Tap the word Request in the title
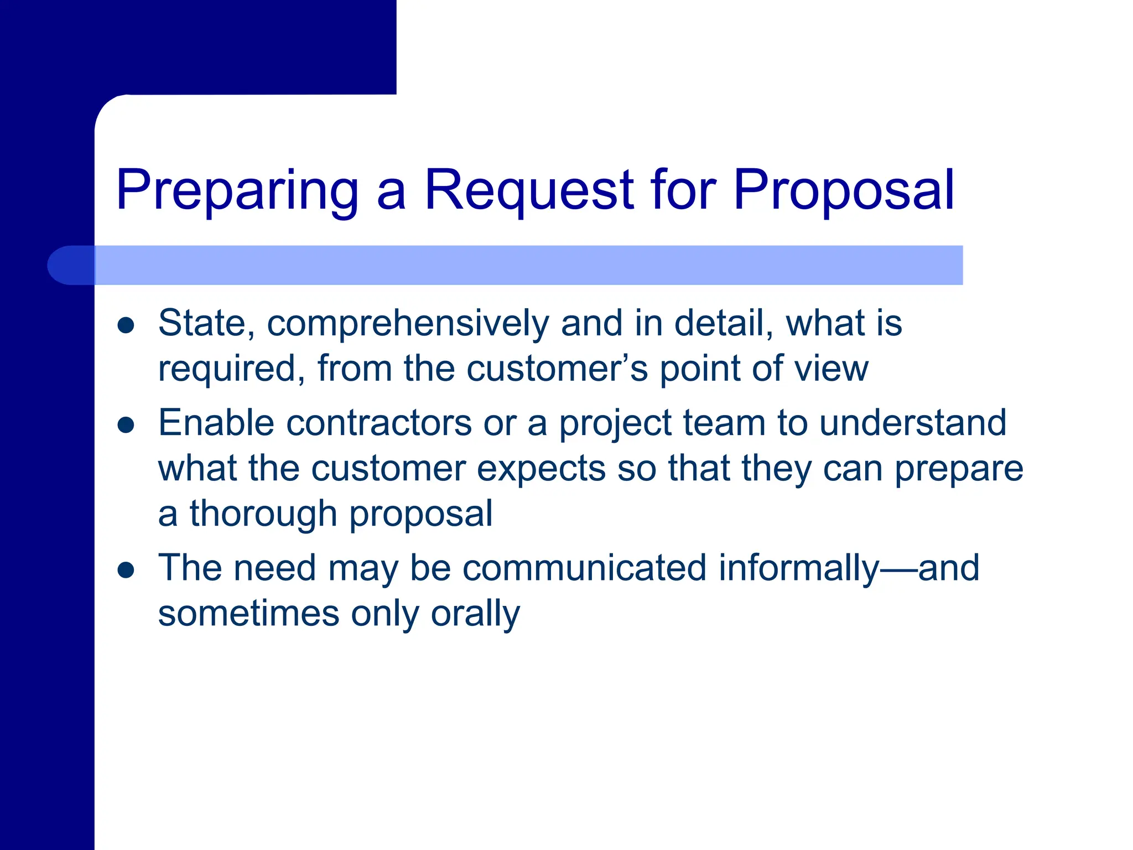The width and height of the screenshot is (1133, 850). (528, 191)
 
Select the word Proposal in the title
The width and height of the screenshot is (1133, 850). (844, 191)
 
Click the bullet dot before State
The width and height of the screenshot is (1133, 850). (126, 325)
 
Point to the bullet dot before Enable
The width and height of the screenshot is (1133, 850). (126, 425)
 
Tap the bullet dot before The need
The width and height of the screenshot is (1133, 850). (126, 570)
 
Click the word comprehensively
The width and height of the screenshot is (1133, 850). (408, 324)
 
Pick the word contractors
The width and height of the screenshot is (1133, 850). (379, 423)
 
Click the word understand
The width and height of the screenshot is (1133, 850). (912, 423)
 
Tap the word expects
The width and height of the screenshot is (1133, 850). (540, 469)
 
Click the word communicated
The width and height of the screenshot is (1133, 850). (585, 568)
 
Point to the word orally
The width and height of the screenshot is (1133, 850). (475, 614)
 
